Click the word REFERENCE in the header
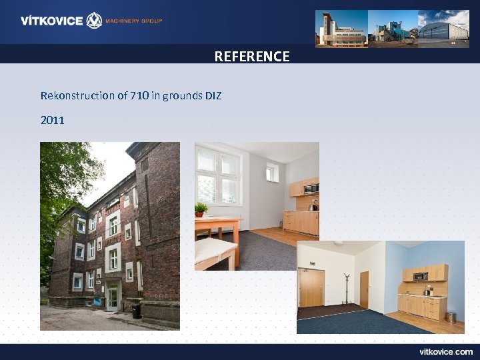pyautogui.click(x=252, y=57)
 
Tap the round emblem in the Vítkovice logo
pyautogui.click(x=94, y=21)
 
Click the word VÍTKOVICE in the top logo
pyautogui.click(x=51, y=21)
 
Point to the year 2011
pyautogui.click(x=53, y=121)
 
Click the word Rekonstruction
pyautogui.click(x=77, y=96)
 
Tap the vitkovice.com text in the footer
pyautogui.click(x=445, y=351)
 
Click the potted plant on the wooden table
pyautogui.click(x=201, y=210)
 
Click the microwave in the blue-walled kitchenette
pyautogui.click(x=420, y=275)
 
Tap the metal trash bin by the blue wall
pyautogui.click(x=451, y=317)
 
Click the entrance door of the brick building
pyautogui.click(x=113, y=297)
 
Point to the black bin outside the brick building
pyautogui.click(x=137, y=311)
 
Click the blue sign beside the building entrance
pyautogui.click(x=97, y=301)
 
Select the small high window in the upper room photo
pyautogui.click(x=273, y=173)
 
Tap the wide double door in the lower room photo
pyautogui.click(x=311, y=288)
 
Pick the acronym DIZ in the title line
pyautogui.click(x=213, y=96)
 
